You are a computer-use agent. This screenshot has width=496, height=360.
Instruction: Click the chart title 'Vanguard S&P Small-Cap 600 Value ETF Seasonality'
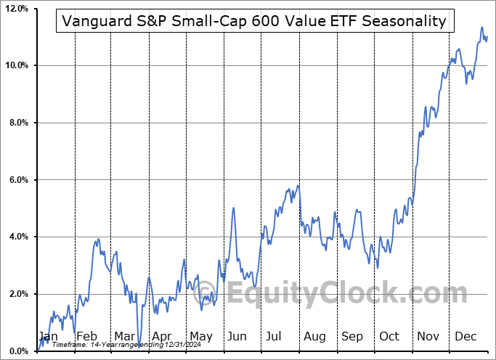tap(254, 21)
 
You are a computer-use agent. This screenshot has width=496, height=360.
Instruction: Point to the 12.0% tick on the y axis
tap(16, 9)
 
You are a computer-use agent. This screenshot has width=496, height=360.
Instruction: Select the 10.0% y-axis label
tap(16, 66)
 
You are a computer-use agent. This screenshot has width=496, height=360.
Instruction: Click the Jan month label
tap(48, 336)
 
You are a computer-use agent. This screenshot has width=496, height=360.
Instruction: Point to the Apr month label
tap(163, 336)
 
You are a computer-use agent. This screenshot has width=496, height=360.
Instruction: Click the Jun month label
tap(237, 336)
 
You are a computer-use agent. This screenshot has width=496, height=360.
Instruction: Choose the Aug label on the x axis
tap(314, 336)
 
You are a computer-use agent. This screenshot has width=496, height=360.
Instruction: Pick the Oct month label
tap(390, 336)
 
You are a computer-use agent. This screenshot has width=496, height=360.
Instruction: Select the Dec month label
tap(465, 336)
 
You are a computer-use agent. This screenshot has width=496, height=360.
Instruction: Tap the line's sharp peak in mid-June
tap(233, 208)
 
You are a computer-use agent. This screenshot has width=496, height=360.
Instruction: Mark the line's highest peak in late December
tap(481, 28)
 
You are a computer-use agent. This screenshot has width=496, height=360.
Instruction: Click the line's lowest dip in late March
tap(138, 335)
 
